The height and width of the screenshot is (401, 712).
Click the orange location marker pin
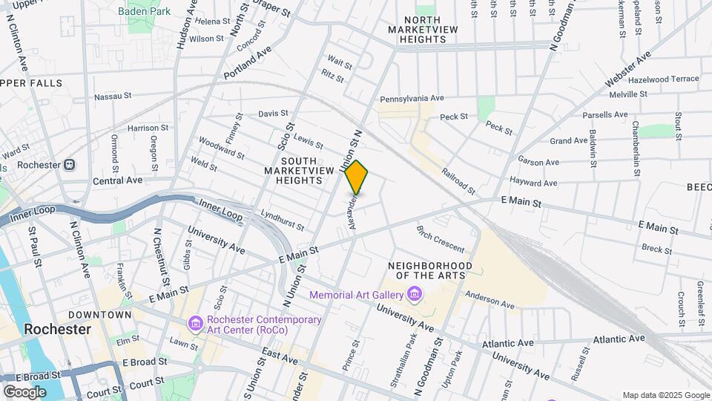[357, 177]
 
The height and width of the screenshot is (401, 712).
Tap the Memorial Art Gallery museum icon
[415, 296]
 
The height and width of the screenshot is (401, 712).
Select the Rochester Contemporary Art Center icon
[196, 325]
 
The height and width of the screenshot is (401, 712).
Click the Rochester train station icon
[69, 164]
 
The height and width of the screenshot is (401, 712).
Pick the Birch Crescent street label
[441, 239]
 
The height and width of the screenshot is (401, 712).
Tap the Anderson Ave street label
[489, 300]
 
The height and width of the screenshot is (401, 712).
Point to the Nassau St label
[113, 97]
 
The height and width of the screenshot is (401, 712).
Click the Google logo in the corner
[24, 391]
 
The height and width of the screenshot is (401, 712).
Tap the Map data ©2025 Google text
[665, 395]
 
